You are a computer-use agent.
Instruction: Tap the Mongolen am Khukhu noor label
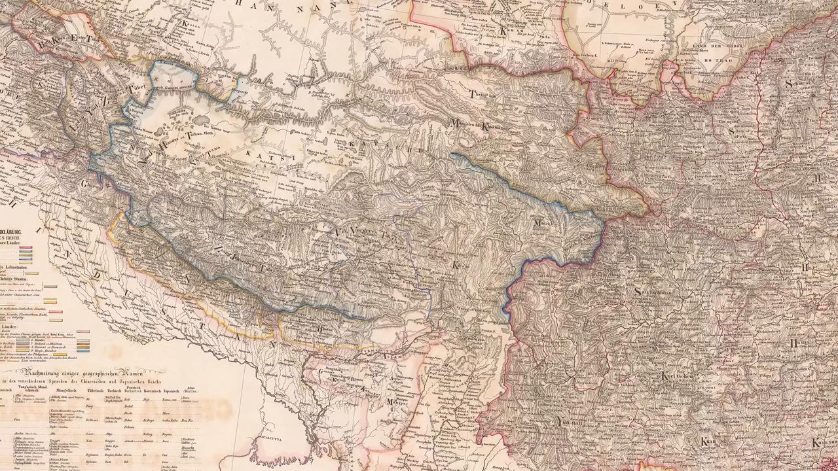478,124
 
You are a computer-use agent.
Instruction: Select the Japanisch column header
170,390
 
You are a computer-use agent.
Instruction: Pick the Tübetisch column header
96,390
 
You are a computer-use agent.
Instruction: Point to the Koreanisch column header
149,390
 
